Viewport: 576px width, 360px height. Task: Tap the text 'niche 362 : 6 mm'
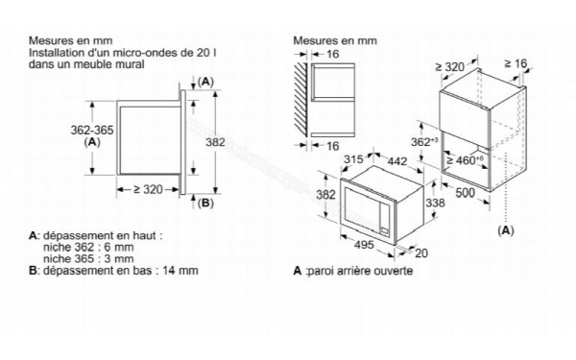(x=84, y=246)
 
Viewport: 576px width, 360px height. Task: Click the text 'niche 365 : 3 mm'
(x=84, y=258)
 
